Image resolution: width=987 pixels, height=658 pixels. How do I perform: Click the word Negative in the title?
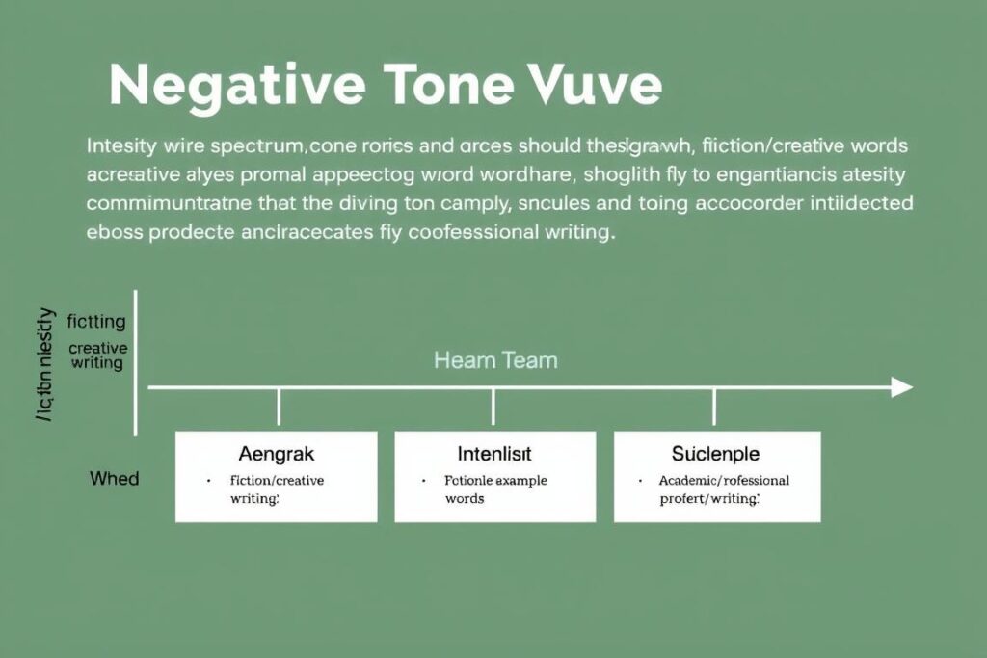pos(237,87)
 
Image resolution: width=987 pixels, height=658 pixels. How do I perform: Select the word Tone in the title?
pos(449,87)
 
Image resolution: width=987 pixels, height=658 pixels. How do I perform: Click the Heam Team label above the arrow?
pos(495,361)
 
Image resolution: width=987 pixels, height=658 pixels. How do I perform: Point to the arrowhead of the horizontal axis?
pos(901,387)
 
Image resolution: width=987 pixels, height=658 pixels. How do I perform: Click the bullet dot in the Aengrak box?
pos(208,480)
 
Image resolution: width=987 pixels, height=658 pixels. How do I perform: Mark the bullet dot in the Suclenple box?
pos(641,480)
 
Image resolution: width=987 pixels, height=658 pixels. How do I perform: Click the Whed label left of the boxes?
pos(115,478)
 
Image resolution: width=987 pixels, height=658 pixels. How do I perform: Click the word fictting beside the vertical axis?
pos(95,323)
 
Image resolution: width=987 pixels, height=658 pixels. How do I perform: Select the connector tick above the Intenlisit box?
pos(493,407)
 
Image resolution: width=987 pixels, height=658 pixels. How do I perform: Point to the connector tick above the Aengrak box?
pos(279,407)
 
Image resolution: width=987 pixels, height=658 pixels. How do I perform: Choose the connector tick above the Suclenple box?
pos(714,407)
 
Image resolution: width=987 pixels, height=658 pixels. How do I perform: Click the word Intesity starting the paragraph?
pos(121,147)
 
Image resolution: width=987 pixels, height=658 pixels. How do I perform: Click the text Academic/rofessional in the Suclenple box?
pos(724,480)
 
